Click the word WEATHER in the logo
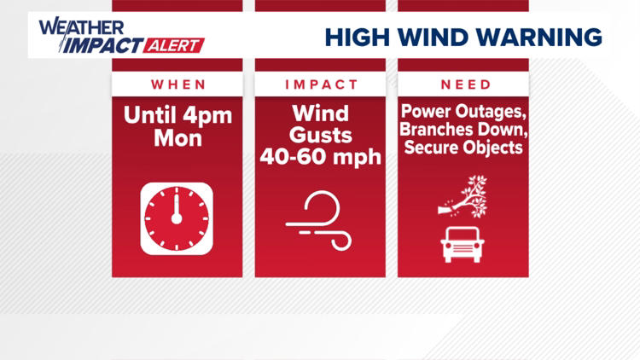tap(73, 26)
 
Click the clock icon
tap(177, 217)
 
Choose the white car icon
tap(462, 244)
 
